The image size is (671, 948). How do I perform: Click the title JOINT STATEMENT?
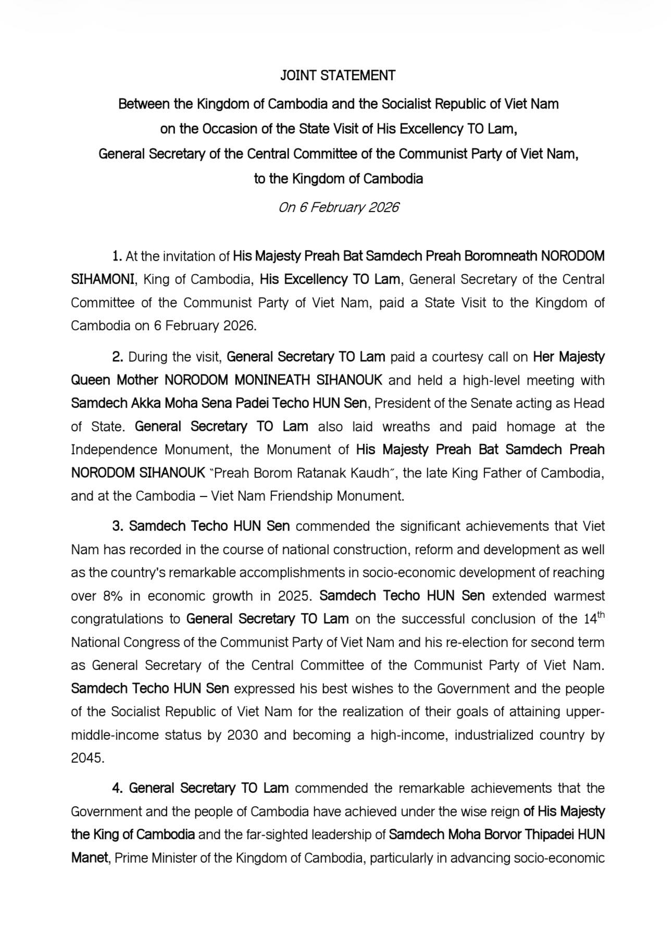coord(338,76)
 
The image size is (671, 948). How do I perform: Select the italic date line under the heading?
coord(339,207)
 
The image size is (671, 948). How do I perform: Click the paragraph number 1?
coord(117,256)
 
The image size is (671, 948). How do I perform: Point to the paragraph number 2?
coord(117,357)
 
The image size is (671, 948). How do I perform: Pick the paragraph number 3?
coord(118,526)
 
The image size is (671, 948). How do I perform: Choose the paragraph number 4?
coord(118,788)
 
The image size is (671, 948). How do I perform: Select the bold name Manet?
coord(89,857)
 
